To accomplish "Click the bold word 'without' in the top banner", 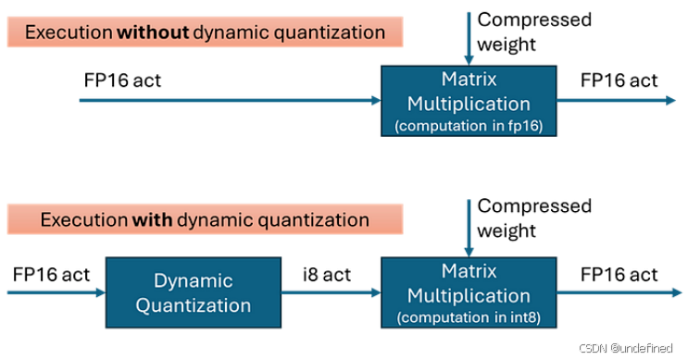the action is coord(153,32).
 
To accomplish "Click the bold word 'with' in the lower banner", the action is coord(152,219).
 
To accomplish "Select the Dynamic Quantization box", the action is coord(194,292).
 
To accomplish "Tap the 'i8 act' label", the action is coord(327,275).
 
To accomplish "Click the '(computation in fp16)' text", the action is coord(469,126).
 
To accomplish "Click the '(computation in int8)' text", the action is coord(469,317).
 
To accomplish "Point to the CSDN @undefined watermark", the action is coord(626,348).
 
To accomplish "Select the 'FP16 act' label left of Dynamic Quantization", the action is coord(51,275).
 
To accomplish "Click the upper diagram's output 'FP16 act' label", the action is coord(619,81).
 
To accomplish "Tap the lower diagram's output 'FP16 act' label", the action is coord(619,275).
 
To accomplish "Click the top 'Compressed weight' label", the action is coord(534,31).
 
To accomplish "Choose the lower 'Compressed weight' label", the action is coord(534,218).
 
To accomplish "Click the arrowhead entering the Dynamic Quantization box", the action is coord(101,292).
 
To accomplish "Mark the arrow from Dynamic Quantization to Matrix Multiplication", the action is coord(331,292).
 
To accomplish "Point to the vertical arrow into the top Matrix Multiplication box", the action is coord(469,39).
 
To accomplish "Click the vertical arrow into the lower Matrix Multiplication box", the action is coord(469,229).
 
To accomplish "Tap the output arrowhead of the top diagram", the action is coord(671,101).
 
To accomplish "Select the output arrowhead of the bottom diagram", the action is coord(677,292).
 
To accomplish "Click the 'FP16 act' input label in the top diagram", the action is coord(122,81).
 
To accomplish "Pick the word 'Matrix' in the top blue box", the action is coord(469,79).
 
